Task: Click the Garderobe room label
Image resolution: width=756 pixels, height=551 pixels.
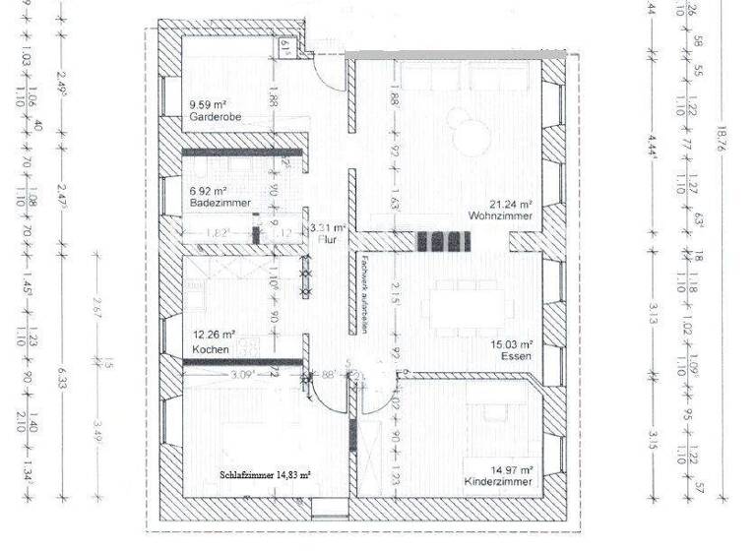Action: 216,117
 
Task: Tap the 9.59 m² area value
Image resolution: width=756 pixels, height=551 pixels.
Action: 209,103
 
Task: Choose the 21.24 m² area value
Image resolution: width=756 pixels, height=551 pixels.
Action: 512,200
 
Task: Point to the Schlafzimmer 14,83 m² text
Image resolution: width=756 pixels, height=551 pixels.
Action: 265,474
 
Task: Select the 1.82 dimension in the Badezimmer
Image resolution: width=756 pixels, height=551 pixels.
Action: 220,232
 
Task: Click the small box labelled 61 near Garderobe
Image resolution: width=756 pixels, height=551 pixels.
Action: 283,45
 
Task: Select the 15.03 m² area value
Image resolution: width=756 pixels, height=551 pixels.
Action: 512,344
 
